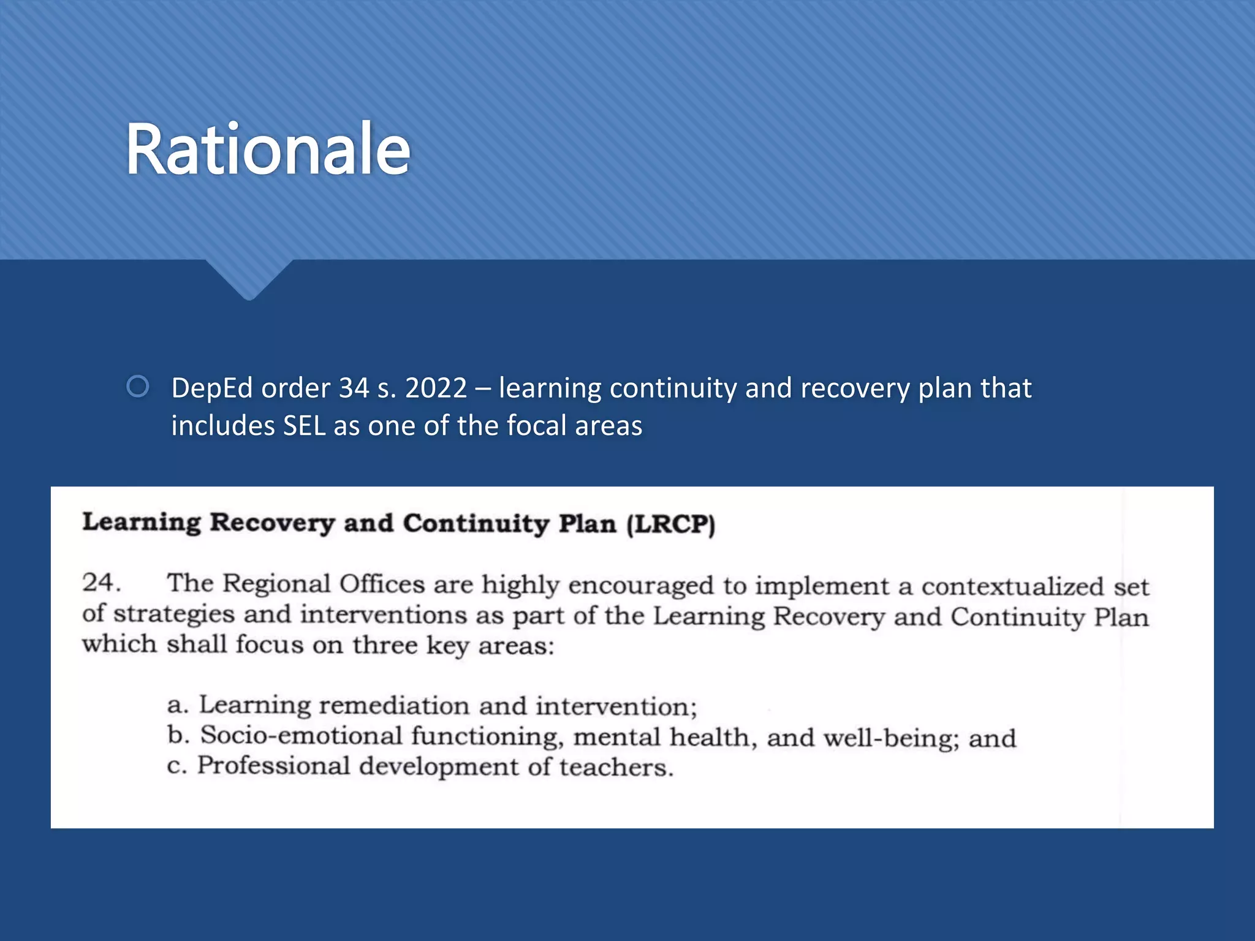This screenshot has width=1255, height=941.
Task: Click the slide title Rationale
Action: (x=268, y=150)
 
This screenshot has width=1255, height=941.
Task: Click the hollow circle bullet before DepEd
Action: (x=138, y=387)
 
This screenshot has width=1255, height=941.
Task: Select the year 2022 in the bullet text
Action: (x=436, y=388)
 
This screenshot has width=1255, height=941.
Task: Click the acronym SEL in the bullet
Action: (x=304, y=426)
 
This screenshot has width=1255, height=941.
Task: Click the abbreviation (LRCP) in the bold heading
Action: (x=670, y=524)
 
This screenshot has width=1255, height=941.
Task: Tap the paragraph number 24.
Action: (x=100, y=583)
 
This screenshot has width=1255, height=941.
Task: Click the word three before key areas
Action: (x=385, y=645)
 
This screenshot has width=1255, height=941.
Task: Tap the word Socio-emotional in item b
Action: (x=301, y=736)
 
